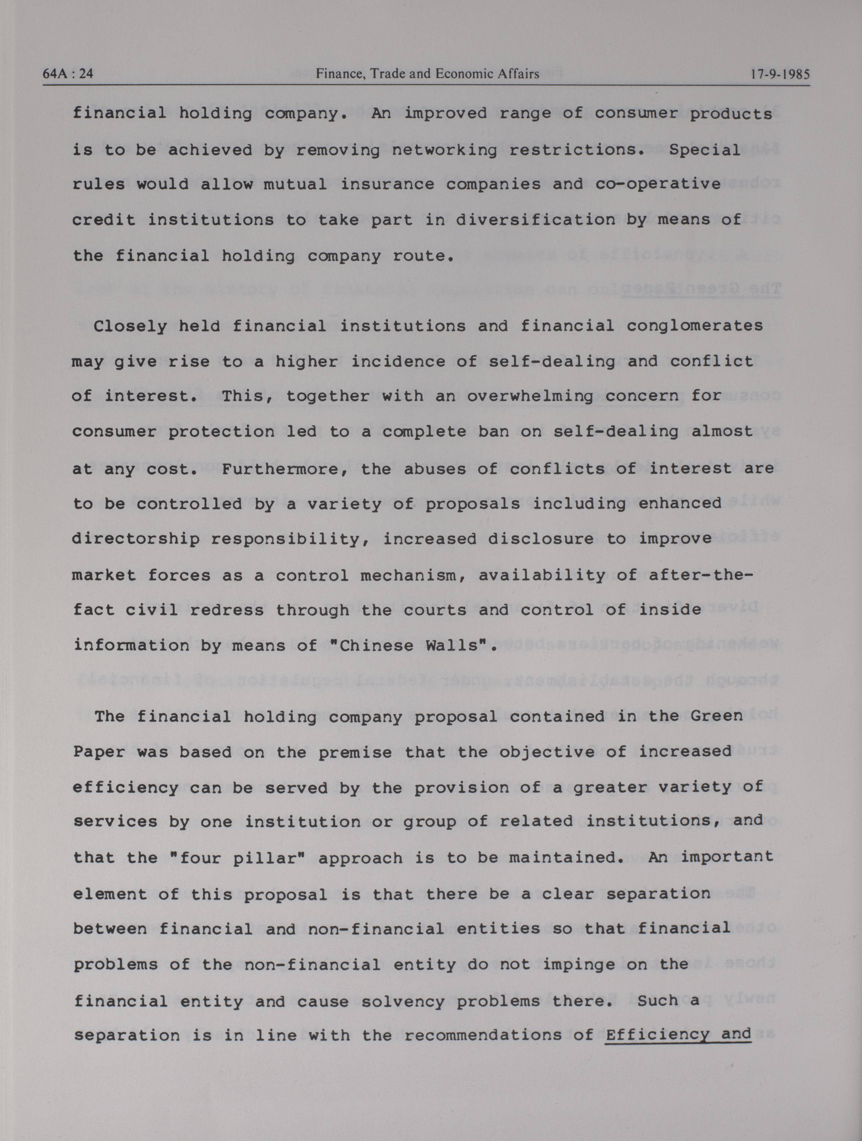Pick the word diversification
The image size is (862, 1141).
click(x=535, y=220)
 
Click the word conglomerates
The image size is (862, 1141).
click(x=694, y=326)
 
